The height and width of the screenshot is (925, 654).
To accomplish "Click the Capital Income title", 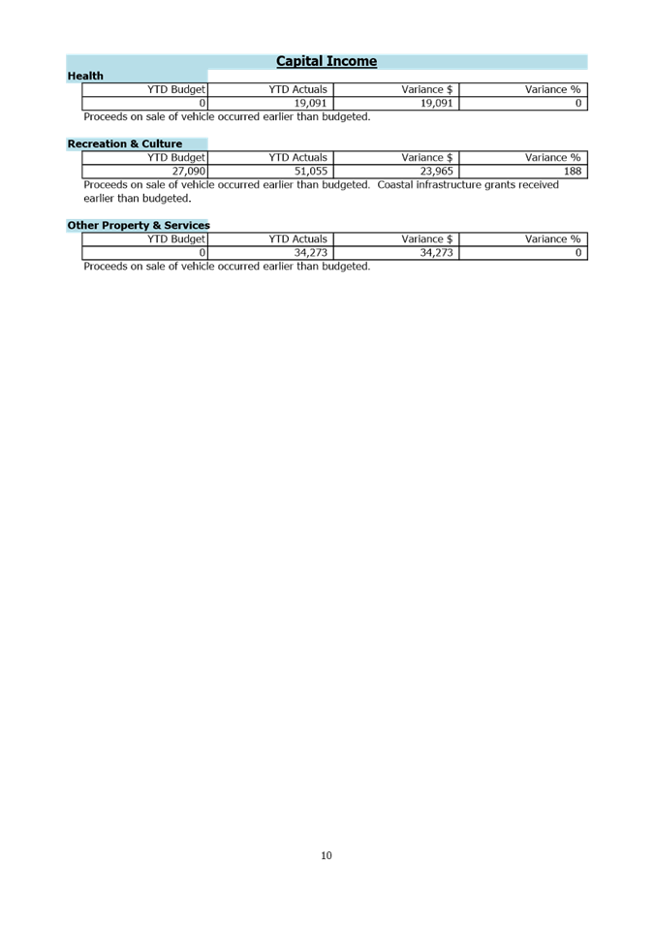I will pos(327,61).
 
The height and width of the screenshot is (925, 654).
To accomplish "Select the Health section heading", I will pos(85,76).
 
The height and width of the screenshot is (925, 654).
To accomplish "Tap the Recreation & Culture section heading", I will pos(125,144).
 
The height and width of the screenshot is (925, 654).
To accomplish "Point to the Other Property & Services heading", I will pos(139,225).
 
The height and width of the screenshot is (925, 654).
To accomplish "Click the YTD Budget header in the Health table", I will pos(177,90).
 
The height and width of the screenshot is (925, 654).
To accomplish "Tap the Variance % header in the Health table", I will pos(552,90).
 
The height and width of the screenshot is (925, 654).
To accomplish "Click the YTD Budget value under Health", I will pos(202,103).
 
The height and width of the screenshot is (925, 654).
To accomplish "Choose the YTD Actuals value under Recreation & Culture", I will pos(311,171).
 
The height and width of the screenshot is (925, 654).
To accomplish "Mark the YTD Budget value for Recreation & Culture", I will pos(188,171).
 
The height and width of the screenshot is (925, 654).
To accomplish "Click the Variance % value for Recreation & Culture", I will pos(572,171).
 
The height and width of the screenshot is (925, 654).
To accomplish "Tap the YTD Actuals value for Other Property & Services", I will pos(311,252).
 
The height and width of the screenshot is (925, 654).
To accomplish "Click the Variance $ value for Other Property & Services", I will pos(437,252).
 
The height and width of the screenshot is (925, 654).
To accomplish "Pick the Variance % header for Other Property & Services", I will pos(552,239).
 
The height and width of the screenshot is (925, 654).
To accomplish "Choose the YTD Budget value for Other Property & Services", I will pos(202,252).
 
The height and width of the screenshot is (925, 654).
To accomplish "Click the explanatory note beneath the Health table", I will pos(227,116).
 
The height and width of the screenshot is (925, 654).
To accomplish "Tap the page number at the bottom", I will pos(326,856).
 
